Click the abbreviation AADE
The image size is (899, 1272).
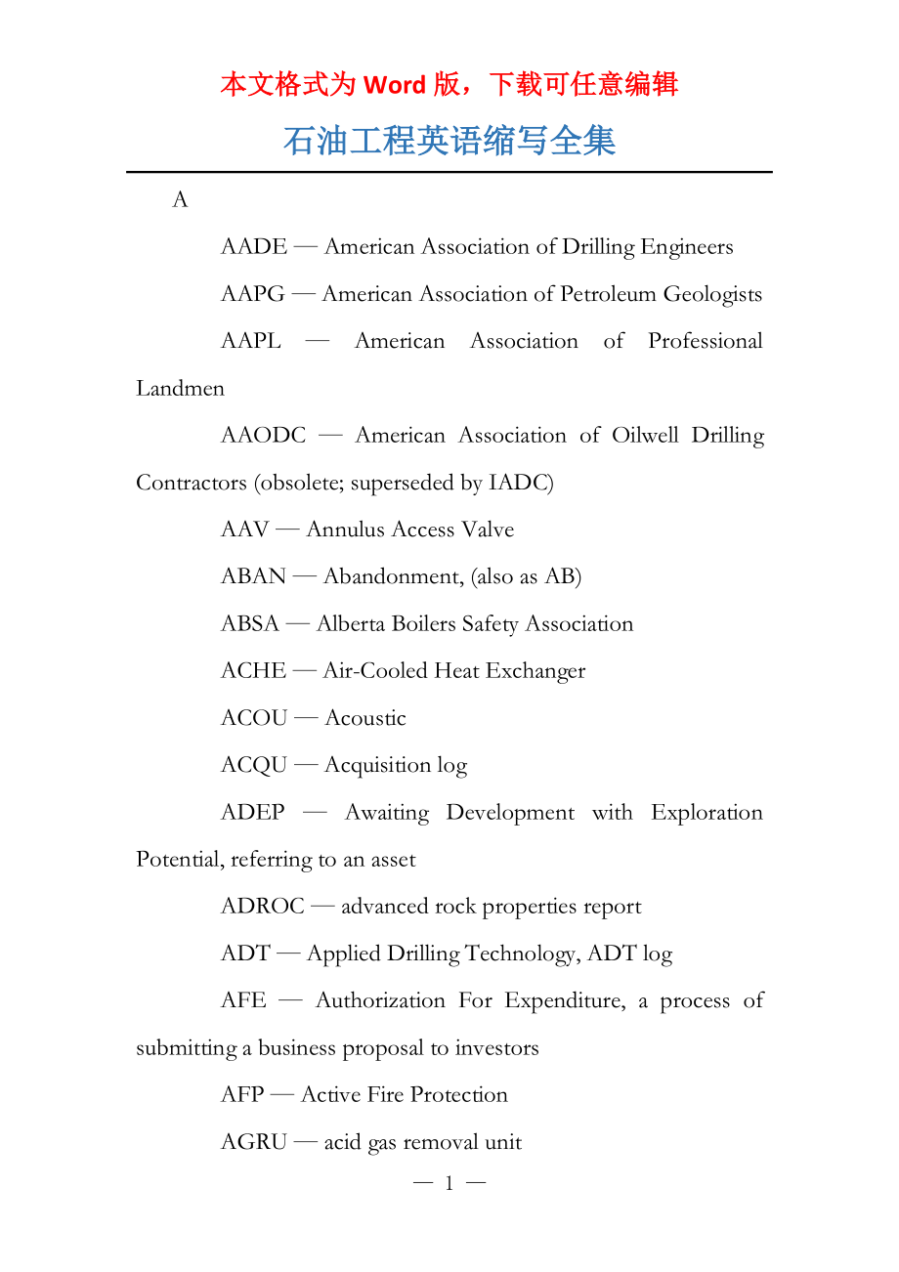pyautogui.click(x=254, y=247)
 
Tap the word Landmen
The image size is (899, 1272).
pyautogui.click(x=180, y=389)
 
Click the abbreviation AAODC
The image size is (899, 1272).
pyautogui.click(x=264, y=436)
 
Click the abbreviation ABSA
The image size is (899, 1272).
pyautogui.click(x=250, y=624)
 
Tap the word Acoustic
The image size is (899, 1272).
pyautogui.click(x=364, y=718)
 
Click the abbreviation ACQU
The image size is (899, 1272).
pyautogui.click(x=254, y=765)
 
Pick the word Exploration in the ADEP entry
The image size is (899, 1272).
pyautogui.click(x=706, y=813)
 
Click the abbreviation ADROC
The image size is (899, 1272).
pyautogui.click(x=263, y=907)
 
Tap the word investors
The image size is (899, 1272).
pyautogui.click(x=496, y=1048)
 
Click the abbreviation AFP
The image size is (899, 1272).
pyautogui.click(x=242, y=1095)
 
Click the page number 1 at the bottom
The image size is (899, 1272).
pyautogui.click(x=449, y=1184)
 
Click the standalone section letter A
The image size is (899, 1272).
pyautogui.click(x=180, y=200)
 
